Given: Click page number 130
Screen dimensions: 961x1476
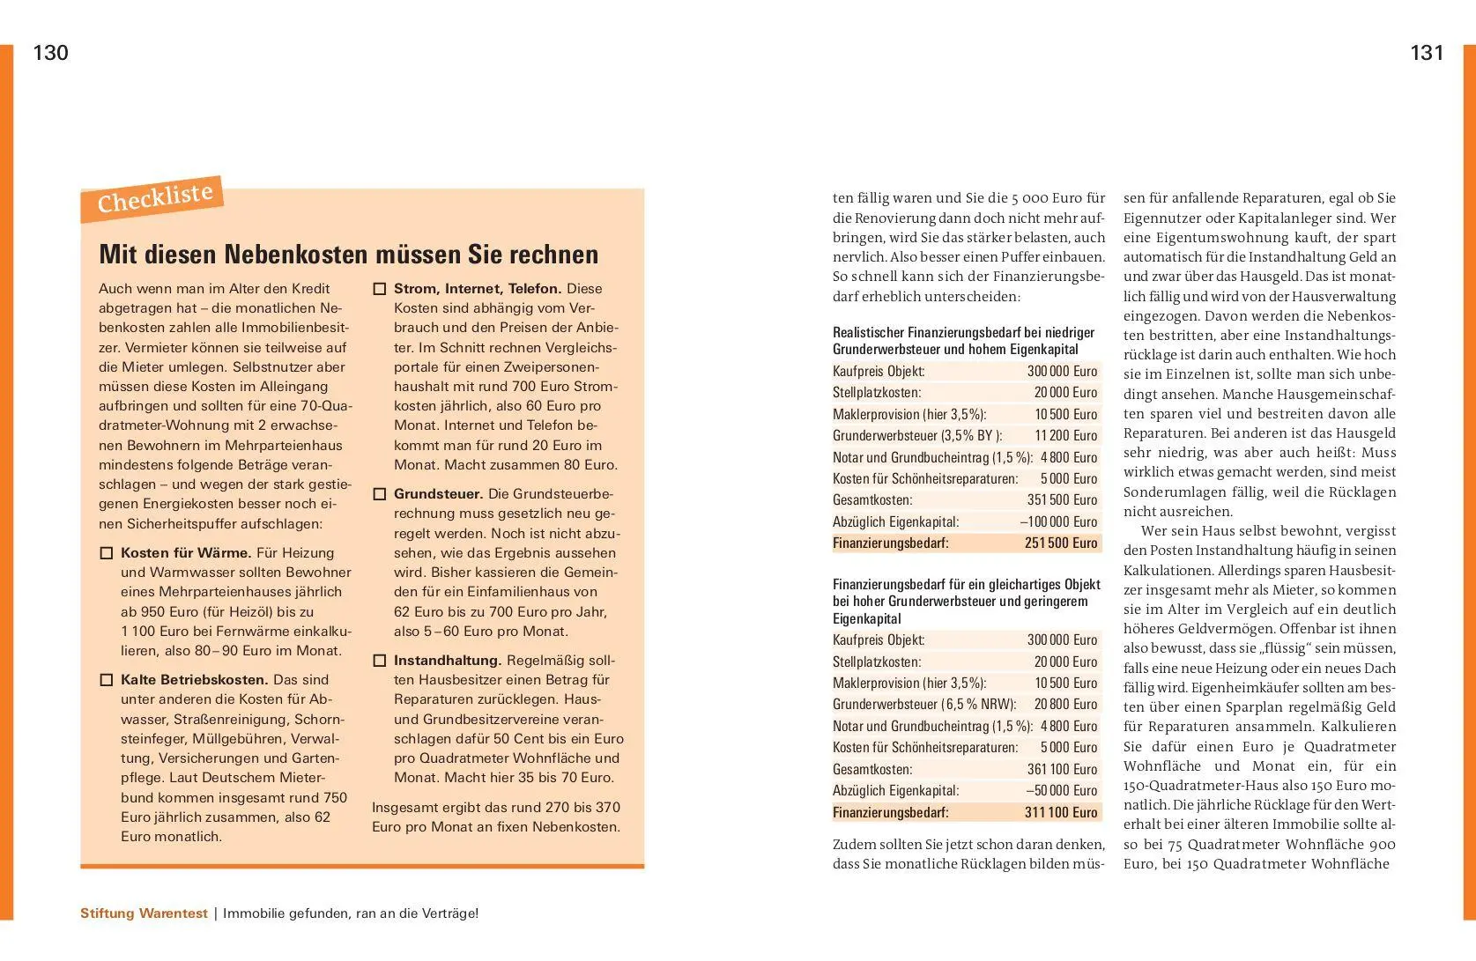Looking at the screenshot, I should (x=50, y=54).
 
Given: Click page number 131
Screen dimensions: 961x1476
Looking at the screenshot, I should (x=1427, y=54).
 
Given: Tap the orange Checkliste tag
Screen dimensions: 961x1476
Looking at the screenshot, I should (x=154, y=199).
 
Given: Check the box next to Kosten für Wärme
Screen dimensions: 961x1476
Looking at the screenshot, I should (x=107, y=553).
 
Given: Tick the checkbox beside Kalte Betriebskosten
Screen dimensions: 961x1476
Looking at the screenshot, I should (x=107, y=680).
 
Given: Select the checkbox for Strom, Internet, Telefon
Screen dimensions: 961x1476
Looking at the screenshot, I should (x=380, y=289).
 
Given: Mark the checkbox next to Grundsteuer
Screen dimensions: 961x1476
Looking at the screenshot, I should (x=380, y=494).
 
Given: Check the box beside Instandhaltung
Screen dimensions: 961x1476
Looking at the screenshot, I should (x=380, y=661).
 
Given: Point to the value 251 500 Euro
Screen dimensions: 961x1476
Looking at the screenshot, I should (x=1061, y=543).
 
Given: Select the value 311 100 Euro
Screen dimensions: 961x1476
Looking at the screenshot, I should (x=1061, y=812).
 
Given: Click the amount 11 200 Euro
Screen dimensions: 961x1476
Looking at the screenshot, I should (x=1065, y=435).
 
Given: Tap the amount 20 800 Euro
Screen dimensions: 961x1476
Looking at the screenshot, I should (x=1065, y=705).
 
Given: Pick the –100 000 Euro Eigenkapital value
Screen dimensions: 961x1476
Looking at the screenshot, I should (x=1058, y=521).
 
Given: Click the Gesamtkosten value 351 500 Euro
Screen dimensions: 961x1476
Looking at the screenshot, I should (x=1062, y=500).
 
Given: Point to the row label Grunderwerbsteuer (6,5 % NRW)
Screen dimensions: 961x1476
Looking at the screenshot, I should (x=924, y=705).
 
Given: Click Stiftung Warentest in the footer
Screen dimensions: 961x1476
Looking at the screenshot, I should (x=144, y=913).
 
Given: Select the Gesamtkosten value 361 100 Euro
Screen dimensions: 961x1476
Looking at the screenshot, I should (x=1062, y=770).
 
